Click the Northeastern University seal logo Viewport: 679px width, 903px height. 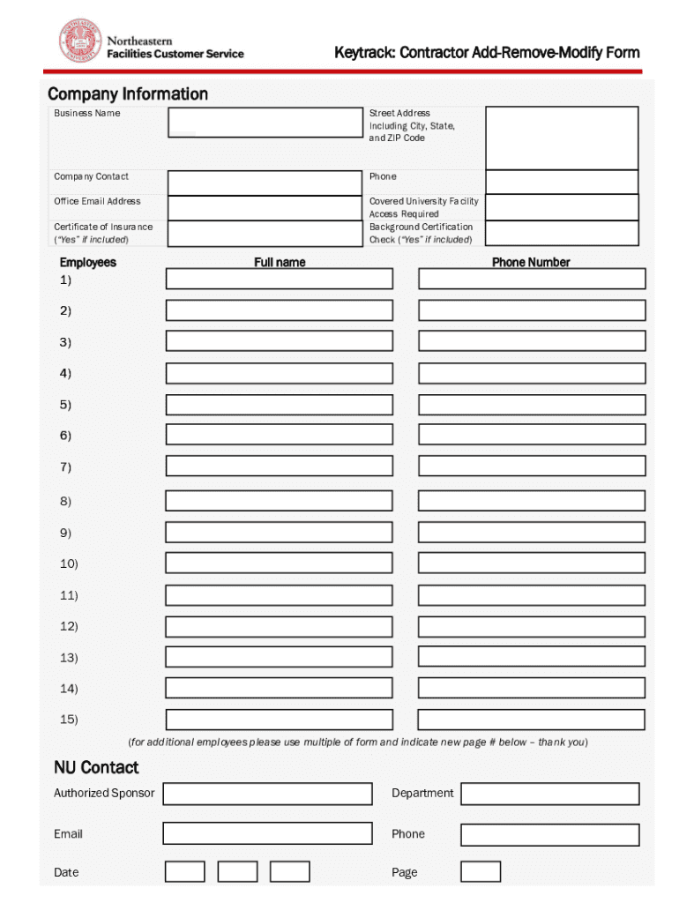click(x=80, y=41)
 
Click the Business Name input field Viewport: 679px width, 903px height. click(x=264, y=123)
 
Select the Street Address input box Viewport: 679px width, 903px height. click(x=562, y=138)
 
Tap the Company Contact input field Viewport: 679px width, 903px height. click(x=264, y=183)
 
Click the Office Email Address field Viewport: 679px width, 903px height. click(x=264, y=208)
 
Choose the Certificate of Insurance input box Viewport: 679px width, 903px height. click(x=264, y=234)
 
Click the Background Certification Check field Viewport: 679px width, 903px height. click(x=562, y=234)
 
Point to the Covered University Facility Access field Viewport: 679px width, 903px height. click(x=562, y=208)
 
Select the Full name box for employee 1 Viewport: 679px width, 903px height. click(x=280, y=279)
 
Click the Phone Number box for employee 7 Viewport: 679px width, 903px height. click(x=532, y=466)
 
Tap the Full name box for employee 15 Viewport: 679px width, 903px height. click(x=280, y=720)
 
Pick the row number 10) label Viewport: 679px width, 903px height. click(x=69, y=563)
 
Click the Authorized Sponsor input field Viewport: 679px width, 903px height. click(x=267, y=794)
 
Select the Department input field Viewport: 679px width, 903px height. click(x=550, y=794)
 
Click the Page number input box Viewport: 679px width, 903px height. click(x=481, y=872)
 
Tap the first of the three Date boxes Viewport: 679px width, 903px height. click(x=185, y=872)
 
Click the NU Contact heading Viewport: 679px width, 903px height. click(x=96, y=767)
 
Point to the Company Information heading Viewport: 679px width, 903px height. click(x=128, y=93)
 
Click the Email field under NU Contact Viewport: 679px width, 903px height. click(x=267, y=833)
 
